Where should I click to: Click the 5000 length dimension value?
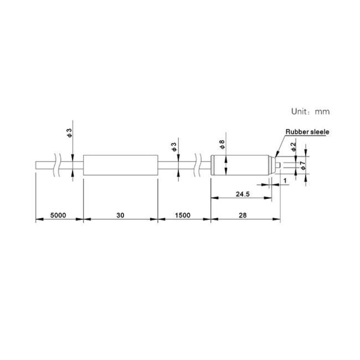tap(58, 215)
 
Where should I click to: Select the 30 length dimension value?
tap(120, 215)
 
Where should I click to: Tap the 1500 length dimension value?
tap(183, 215)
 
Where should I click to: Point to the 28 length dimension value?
tap(243, 215)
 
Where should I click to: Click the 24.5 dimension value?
tap(243, 194)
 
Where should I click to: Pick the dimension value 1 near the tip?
tap(285, 181)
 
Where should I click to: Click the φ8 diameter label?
tap(222, 145)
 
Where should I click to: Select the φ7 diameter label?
tap(303, 166)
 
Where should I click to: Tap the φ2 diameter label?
tap(294, 147)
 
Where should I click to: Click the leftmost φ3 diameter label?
tap(69, 133)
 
